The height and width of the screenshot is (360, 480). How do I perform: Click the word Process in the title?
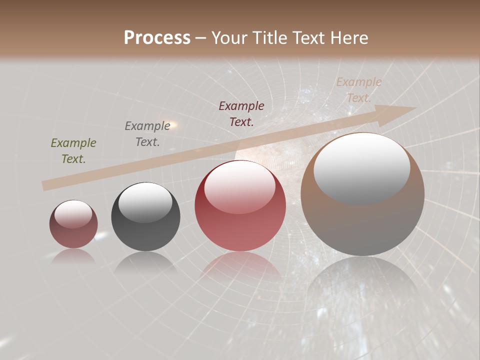coord(157,38)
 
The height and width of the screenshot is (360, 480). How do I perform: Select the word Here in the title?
coord(348,38)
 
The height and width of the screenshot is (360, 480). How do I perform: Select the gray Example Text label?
coord(147,134)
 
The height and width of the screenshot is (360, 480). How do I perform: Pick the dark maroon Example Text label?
coord(241,113)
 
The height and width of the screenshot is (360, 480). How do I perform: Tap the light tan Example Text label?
coord(359,90)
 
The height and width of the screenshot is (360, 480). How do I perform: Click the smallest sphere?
coord(73,224)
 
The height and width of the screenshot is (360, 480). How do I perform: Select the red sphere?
coord(240,206)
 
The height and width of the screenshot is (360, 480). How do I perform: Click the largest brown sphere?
coord(362,195)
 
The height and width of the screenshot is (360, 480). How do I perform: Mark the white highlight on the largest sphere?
coord(362,167)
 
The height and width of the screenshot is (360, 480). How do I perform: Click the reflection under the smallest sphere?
coord(73,256)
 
